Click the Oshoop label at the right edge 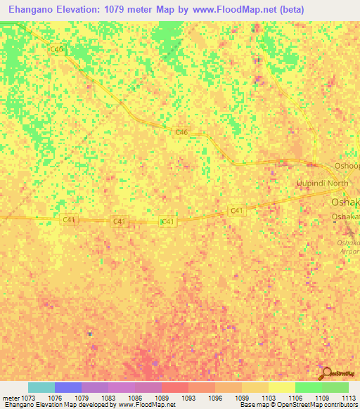point(347,167)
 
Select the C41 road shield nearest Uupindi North point(236,211)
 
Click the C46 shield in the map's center point(181,132)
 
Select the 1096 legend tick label point(215,397)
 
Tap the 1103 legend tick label point(269,397)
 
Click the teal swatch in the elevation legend point(41,387)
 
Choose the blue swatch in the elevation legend point(68,387)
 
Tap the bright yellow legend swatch point(282,387)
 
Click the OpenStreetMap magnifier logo point(326,374)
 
